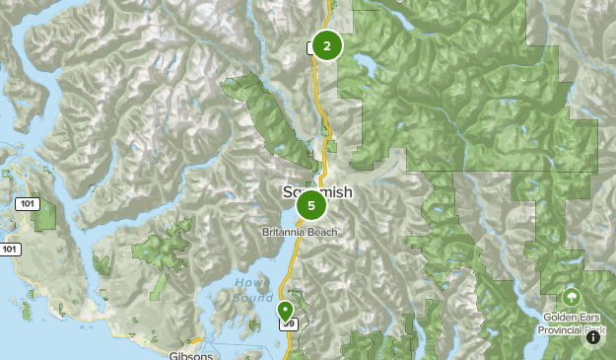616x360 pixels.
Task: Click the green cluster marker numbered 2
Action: coord(326,45)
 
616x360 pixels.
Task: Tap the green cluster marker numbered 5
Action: coord(311,205)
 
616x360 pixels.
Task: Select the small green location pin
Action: coord(286,311)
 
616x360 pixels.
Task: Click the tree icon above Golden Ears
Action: coord(571,297)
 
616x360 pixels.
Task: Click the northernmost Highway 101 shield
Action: coord(27,203)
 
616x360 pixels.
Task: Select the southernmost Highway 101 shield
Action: coord(9,250)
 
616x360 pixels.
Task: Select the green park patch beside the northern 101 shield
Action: coord(45,211)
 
